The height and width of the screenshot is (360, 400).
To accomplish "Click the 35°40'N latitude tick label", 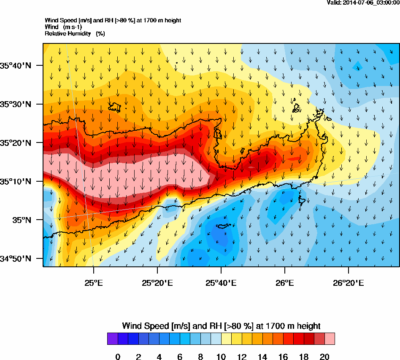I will coord(16,65).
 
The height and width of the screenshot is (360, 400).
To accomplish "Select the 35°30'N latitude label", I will coord(16,104).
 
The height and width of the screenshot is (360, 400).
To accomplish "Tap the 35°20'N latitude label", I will coord(16,143).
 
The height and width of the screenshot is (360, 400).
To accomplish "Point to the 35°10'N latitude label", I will coord(16,182).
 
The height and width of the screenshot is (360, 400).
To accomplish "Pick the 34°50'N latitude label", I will coord(16,259).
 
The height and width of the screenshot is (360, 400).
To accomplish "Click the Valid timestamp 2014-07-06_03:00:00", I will coord(363,3).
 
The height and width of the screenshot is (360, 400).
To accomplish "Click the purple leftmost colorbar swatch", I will coord(112,339).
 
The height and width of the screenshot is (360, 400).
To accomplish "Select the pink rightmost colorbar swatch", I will coord(330,339).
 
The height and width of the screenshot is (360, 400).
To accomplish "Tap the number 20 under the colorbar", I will coord(324,357).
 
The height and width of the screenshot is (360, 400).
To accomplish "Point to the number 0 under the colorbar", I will coord(118,357).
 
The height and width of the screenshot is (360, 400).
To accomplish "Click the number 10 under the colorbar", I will coord(221,357).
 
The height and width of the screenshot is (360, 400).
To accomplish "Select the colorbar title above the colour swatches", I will coord(221,326).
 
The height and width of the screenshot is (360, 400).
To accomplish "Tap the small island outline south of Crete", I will coord(222,226).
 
